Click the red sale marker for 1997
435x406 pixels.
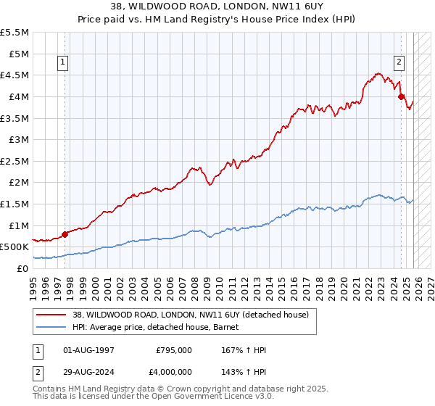pos(65,234)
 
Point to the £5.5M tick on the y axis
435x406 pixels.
pos(14,33)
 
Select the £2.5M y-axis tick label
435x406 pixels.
pos(14,161)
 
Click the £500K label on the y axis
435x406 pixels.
pos(14,247)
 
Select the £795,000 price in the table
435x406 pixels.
pos(174,350)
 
